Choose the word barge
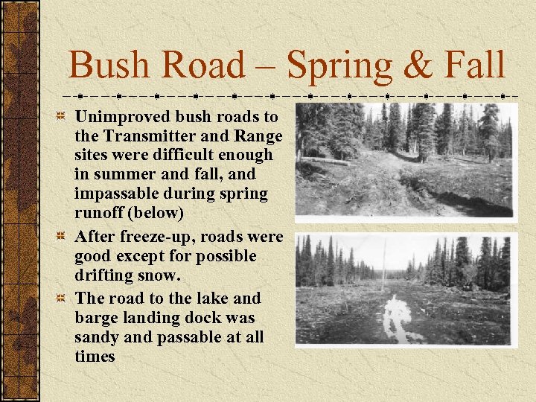pyautogui.click(x=97, y=317)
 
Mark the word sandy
pyautogui.click(x=97, y=336)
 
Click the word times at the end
pyautogui.click(x=95, y=356)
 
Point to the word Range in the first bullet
pyautogui.click(x=260, y=136)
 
